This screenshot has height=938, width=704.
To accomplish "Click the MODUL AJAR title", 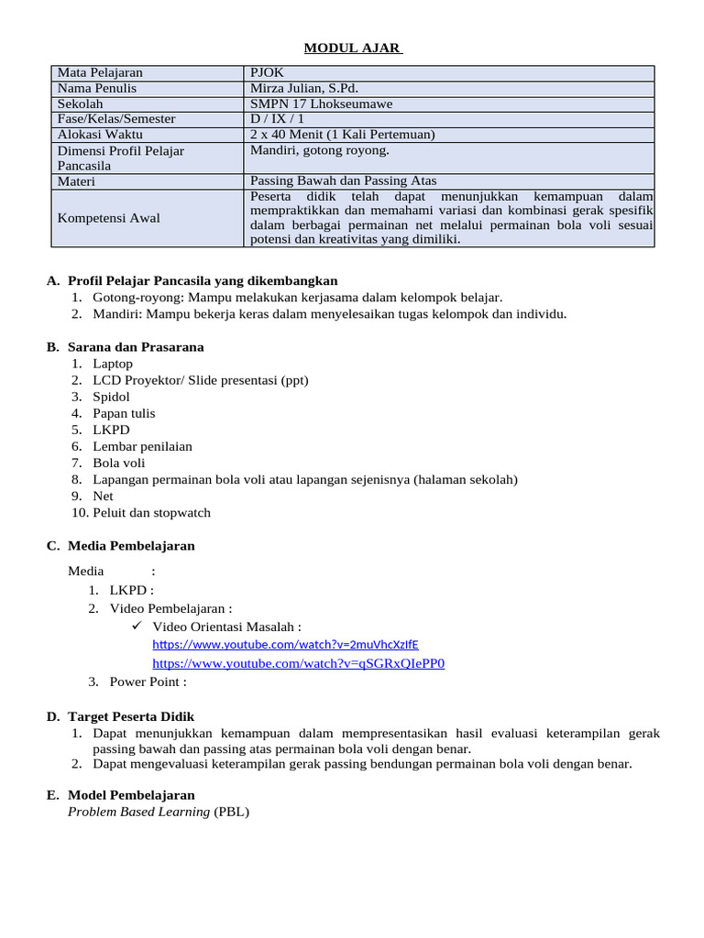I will pyautogui.click(x=353, y=48).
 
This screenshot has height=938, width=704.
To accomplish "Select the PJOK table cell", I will pyautogui.click(x=267, y=72).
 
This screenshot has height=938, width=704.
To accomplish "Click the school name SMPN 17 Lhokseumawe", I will pyautogui.click(x=321, y=104).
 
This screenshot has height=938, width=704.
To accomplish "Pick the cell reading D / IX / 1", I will pyautogui.click(x=279, y=119).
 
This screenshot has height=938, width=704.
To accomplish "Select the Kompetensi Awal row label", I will pyautogui.click(x=108, y=218).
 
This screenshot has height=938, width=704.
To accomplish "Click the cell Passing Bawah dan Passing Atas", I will pyautogui.click(x=344, y=181).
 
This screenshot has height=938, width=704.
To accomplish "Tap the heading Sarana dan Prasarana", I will pyautogui.click(x=136, y=347).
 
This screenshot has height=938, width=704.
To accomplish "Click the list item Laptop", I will pyautogui.click(x=113, y=364).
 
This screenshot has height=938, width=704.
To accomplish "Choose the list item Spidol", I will pyautogui.click(x=111, y=397).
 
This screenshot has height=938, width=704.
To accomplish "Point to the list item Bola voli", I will pyautogui.click(x=119, y=463).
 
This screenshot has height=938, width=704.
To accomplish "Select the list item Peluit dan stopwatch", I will pyautogui.click(x=151, y=512).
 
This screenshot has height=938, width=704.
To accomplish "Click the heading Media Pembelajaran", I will pyautogui.click(x=131, y=546).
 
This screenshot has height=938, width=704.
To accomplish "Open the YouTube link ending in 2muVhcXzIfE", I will pyautogui.click(x=285, y=644).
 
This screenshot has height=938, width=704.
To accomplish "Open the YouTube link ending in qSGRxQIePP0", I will pyautogui.click(x=298, y=663).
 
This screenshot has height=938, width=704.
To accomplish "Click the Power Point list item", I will pyautogui.click(x=148, y=682).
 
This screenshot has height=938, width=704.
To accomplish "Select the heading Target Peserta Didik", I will pyautogui.click(x=131, y=716).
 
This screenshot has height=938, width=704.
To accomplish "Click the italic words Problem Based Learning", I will pyautogui.click(x=138, y=812).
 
